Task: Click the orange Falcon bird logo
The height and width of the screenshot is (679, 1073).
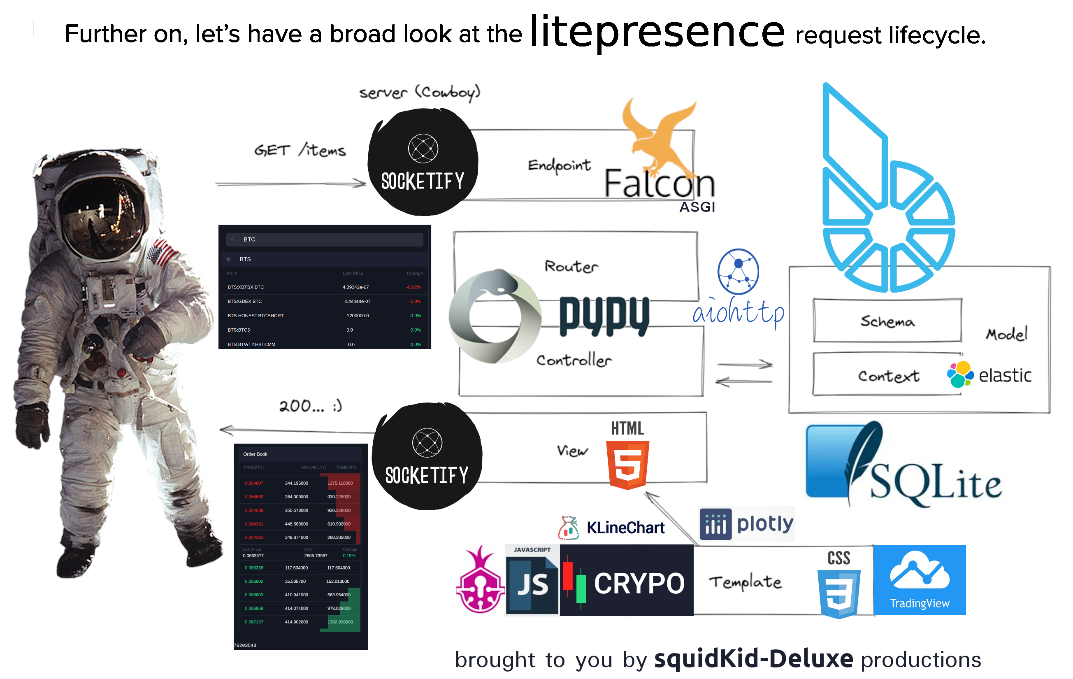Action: point(659,134)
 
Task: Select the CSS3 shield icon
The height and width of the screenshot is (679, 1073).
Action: point(839,593)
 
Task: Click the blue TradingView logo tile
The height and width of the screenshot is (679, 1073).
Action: point(919,579)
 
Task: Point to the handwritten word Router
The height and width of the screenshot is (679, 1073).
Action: point(571,266)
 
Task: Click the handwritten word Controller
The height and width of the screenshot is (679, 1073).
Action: point(574,360)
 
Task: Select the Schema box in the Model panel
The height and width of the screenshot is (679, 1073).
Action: point(887,321)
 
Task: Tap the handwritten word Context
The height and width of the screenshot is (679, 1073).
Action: point(889,376)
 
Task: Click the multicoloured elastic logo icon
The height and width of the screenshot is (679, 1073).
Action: point(960,374)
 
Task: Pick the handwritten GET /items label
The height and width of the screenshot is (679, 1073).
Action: point(300,150)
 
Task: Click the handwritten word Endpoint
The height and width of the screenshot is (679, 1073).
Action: point(559,165)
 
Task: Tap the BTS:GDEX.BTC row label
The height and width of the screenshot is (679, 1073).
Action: point(245,301)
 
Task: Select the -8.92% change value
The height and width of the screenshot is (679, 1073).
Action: point(413,287)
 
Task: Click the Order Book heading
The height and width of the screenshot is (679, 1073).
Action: point(255,454)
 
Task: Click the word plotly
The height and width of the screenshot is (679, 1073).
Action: point(765,523)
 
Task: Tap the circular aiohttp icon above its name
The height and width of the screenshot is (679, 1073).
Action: point(738,272)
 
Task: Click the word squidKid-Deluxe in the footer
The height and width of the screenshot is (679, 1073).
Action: point(753,659)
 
